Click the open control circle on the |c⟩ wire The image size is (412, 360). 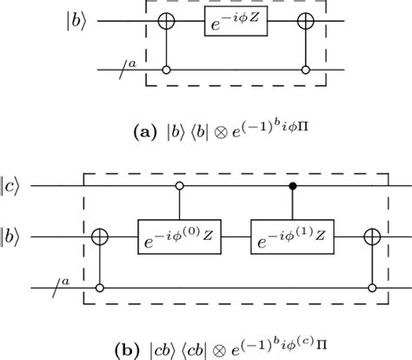[x=180, y=185]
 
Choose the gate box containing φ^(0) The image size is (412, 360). [x=180, y=235]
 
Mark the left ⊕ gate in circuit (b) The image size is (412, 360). [x=103, y=235]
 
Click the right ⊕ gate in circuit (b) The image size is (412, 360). [x=373, y=235]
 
